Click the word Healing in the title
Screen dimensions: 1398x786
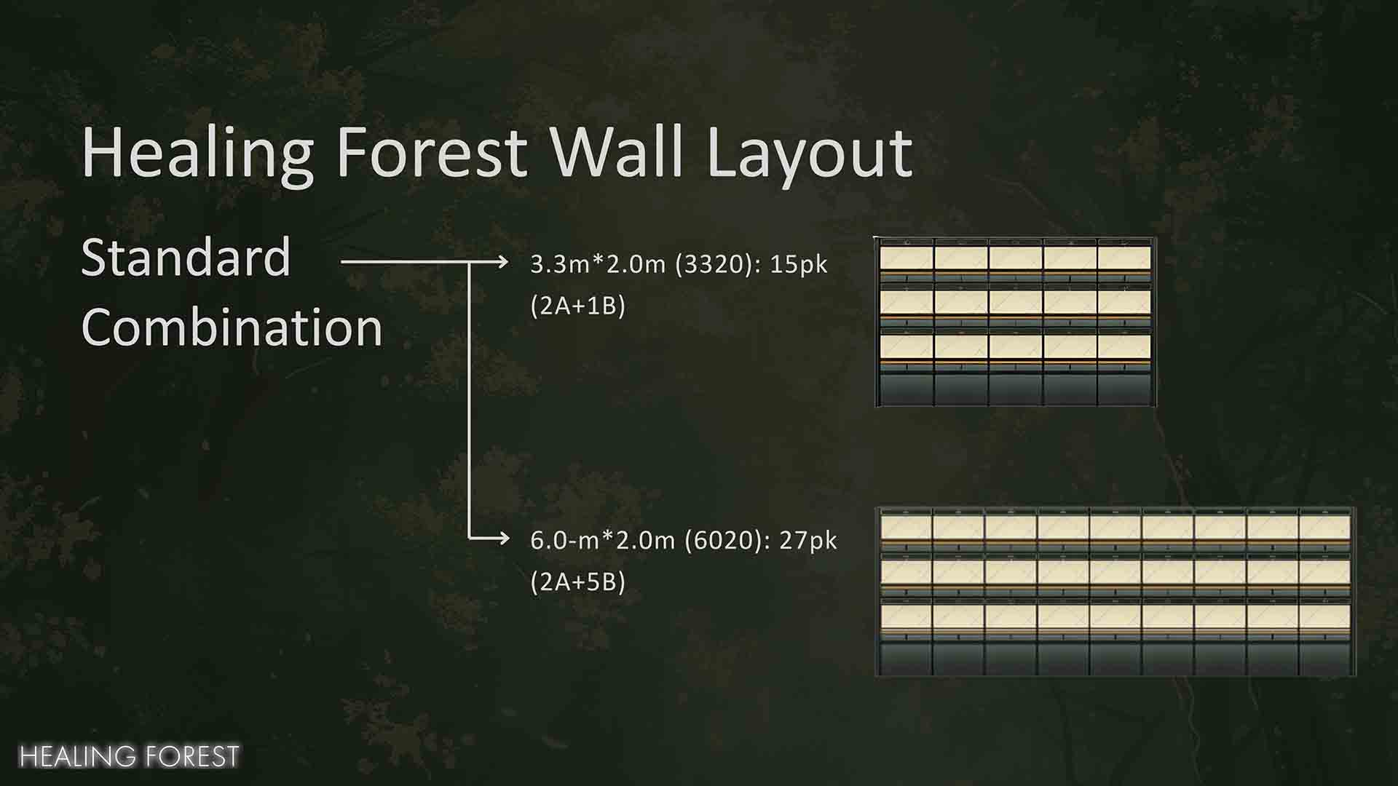pyautogui.click(x=198, y=153)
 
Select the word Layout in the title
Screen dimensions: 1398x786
pyautogui.click(x=809, y=154)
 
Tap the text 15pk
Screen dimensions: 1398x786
pyautogui.click(x=799, y=265)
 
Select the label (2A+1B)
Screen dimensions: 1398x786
pyautogui.click(x=578, y=306)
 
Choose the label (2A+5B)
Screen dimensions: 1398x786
pyautogui.click(x=578, y=582)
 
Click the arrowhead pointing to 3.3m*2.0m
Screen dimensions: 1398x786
pyautogui.click(x=503, y=261)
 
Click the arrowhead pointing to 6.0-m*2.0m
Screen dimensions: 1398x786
pyautogui.click(x=503, y=538)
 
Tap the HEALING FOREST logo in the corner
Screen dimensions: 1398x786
pyautogui.click(x=129, y=756)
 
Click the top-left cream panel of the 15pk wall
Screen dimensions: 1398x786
pyautogui.click(x=907, y=258)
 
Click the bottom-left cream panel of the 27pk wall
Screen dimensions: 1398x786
pyautogui.click(x=907, y=618)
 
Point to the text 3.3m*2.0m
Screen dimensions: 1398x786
pyautogui.click(x=598, y=264)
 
